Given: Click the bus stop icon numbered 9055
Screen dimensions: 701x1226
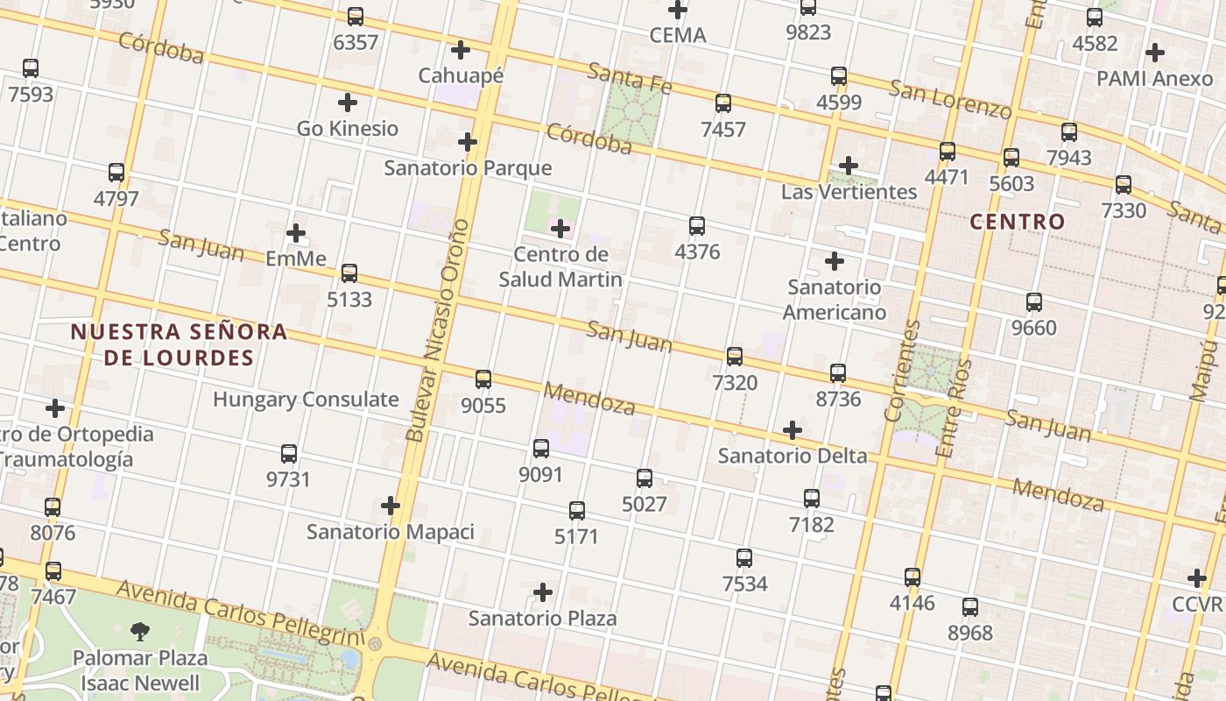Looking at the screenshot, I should coord(483,379).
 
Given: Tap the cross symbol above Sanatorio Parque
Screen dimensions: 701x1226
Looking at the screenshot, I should coord(468,142).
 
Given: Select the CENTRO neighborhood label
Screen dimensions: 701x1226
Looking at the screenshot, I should coord(1017,222).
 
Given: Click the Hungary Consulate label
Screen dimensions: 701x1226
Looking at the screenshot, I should coord(306,400).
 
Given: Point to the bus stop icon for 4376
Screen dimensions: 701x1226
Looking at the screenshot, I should coord(697,226).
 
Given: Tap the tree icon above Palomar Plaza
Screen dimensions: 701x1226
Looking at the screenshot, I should coord(139,631).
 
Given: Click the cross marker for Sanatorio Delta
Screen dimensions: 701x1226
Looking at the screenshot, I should coord(792,430).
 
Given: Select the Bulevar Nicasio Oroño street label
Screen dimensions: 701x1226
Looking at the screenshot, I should coord(437,329).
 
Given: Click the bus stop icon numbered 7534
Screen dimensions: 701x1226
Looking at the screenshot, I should coord(744,557).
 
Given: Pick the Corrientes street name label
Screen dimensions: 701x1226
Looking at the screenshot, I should coord(903,371).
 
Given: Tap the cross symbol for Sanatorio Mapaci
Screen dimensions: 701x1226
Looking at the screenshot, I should coord(391,506).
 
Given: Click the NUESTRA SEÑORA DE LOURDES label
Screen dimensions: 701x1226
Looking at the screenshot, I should coord(179,344).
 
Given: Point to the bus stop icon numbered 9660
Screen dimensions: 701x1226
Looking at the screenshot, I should coord(1034,302).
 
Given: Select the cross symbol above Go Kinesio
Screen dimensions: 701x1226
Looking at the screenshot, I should coord(347,103).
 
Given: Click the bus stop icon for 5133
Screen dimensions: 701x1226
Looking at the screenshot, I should coord(349,273).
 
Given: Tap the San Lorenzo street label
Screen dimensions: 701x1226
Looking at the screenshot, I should coord(950,99).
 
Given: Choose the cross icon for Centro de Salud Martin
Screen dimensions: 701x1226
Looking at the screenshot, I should coord(560,230).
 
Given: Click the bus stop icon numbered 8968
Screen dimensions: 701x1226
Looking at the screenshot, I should coord(969,607).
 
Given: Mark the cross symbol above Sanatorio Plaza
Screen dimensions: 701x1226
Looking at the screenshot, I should coord(543,592).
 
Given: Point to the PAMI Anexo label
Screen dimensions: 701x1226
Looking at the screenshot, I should coord(1154,78).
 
